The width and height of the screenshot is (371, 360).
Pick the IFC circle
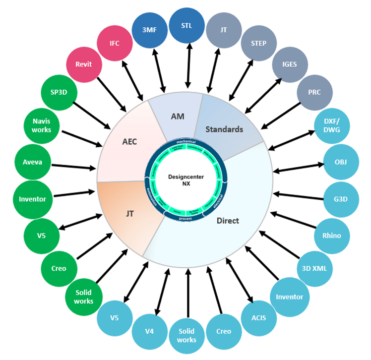[115, 43]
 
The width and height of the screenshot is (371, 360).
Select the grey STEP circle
[258, 43]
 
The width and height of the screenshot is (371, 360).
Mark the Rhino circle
[331, 236]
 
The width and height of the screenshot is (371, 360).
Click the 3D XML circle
[315, 268]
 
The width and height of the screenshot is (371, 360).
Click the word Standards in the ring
[225, 129]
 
